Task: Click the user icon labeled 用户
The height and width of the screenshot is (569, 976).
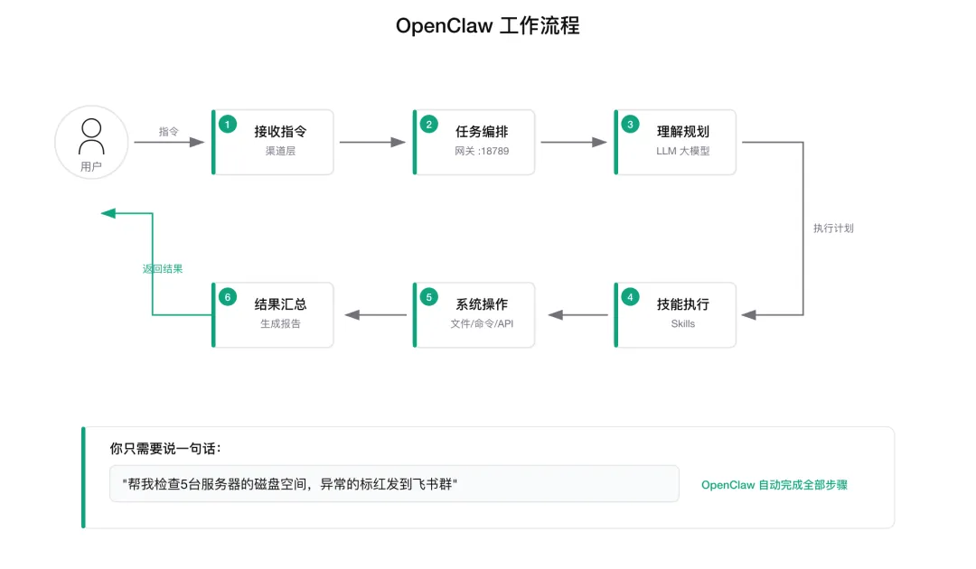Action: point(91,142)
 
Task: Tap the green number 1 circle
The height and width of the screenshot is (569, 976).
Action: point(227,125)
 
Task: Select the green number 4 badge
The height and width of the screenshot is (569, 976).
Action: point(630,297)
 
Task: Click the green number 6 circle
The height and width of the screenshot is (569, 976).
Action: point(227,297)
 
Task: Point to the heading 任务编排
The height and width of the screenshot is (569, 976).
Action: point(482,132)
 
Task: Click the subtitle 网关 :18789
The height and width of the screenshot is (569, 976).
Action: point(482,151)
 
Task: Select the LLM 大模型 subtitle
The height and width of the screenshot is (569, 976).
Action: point(683,151)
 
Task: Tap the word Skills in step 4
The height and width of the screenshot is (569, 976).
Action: point(683,324)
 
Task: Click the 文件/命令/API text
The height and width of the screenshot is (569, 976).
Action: point(482,324)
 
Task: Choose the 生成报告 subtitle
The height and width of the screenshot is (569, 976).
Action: point(280,324)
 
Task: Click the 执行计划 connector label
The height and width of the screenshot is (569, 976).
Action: point(833,229)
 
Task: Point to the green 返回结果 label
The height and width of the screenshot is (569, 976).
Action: point(163,268)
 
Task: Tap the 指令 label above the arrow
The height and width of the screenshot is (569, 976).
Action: point(168,131)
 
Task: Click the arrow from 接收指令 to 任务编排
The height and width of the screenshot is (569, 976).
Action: point(372,143)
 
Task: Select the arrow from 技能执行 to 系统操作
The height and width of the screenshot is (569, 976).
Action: point(577,315)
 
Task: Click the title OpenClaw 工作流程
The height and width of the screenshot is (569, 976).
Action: point(487,26)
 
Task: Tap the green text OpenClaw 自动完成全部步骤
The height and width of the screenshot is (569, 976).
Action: point(774,485)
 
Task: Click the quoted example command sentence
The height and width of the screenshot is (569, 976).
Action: point(289,484)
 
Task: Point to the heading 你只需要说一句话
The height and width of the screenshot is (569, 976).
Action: point(165,448)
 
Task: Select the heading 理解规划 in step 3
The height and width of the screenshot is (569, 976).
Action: point(683,132)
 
